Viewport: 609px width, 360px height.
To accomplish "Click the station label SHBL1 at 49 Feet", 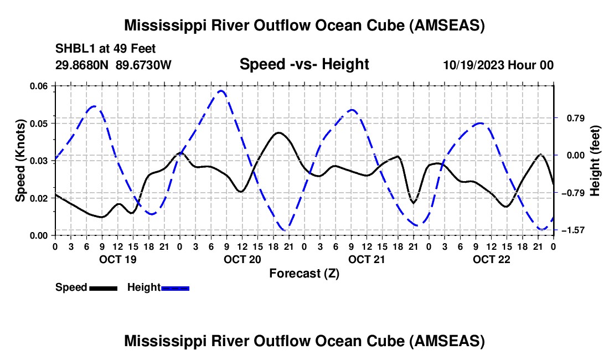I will pos(105,48).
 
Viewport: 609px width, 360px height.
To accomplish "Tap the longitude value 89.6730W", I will pos(144,65).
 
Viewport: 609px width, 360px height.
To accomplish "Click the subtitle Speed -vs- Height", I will pos(304,64).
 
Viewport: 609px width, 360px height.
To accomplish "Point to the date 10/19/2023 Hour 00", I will pos(498,65).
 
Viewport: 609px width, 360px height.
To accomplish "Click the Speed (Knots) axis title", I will pos(20,160).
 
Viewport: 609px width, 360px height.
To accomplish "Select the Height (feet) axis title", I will pos(595,160).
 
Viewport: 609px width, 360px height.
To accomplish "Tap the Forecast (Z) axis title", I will pos(304,273).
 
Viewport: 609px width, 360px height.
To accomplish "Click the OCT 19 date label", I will pos(117,259).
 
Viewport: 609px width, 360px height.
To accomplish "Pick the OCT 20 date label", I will pos(242,259).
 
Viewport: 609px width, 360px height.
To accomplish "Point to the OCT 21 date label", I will pos(367,259).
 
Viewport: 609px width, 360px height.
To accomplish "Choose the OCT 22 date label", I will pos(491,259).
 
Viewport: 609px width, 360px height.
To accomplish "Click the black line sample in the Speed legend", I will pos(103,287).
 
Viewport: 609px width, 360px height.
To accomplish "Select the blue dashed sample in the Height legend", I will pos(176,287).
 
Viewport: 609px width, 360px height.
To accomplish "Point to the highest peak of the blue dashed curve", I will pos(221,90).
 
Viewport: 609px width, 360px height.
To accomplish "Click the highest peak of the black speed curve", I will pos(279,132).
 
